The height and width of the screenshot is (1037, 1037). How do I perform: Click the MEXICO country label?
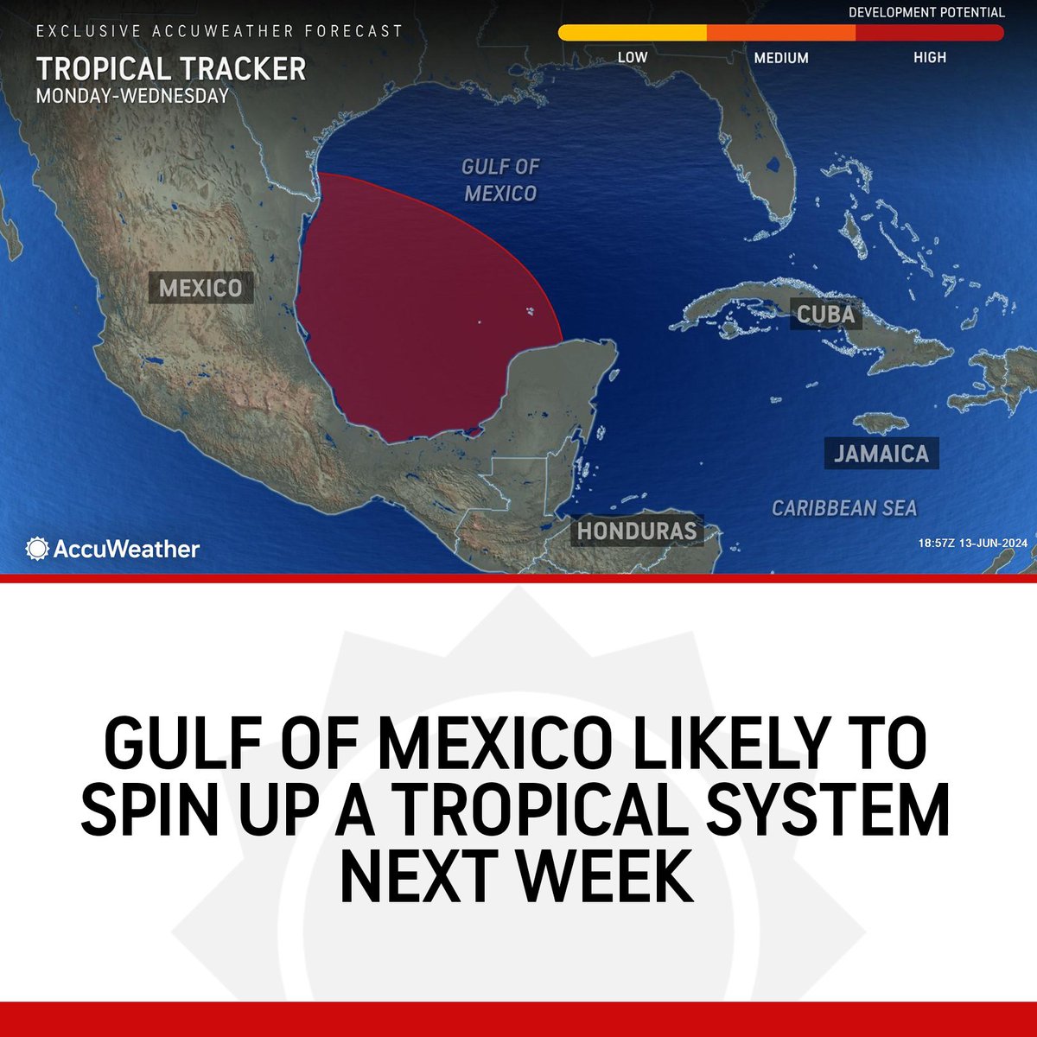point(200,288)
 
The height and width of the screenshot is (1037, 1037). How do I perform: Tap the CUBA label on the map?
point(825,314)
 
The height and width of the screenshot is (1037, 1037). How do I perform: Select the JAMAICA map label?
point(881,454)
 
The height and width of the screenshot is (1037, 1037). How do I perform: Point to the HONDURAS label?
point(637,530)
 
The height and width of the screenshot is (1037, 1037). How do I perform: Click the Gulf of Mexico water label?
point(500,180)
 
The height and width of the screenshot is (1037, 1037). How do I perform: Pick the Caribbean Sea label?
point(843,508)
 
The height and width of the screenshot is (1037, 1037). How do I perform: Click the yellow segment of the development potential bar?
point(633,33)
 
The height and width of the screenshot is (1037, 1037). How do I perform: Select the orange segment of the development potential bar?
point(781,33)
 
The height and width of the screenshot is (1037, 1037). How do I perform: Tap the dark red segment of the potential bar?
point(930,33)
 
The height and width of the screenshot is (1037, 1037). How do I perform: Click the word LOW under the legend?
point(633,58)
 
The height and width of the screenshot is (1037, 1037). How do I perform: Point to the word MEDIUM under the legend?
point(781,58)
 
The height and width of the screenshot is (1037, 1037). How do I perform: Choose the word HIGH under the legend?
point(930,58)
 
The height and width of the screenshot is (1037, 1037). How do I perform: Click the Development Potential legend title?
point(926,12)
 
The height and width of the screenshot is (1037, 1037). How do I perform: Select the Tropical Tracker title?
point(171,69)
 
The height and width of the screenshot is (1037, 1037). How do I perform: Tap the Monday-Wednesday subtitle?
point(132,95)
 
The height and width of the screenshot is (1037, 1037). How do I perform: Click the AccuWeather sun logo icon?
point(38,549)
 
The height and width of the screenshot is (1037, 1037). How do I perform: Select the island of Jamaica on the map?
point(881,423)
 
